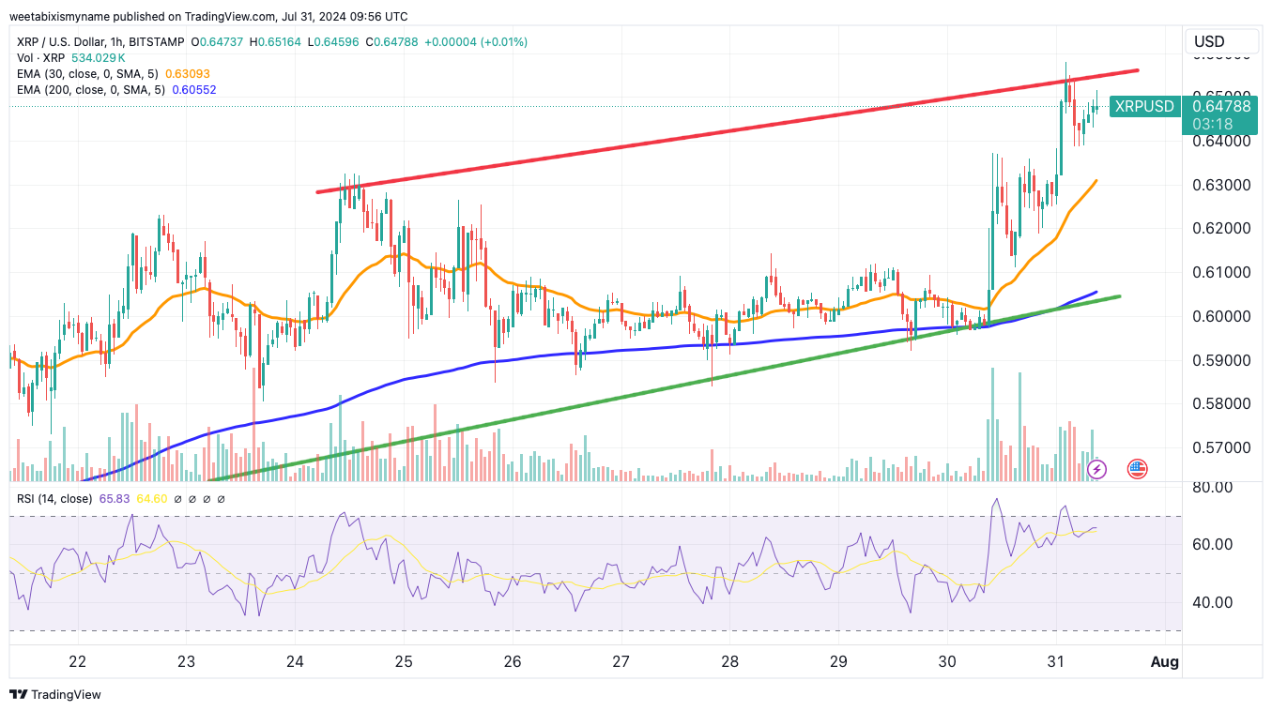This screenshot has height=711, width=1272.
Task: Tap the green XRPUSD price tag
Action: (x=1142, y=106)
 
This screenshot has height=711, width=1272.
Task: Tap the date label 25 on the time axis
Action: (x=404, y=661)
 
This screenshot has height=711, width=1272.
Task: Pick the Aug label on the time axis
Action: (x=1165, y=661)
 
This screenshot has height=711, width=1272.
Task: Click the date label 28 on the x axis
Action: (x=729, y=661)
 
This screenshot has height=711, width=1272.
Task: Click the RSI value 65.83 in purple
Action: (x=115, y=498)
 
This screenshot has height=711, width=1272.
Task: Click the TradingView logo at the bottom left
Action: (x=55, y=694)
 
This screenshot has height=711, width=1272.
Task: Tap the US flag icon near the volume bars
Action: (x=1137, y=468)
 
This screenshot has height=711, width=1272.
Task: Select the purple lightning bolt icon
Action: (x=1096, y=468)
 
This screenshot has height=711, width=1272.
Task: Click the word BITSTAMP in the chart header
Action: (x=156, y=42)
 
